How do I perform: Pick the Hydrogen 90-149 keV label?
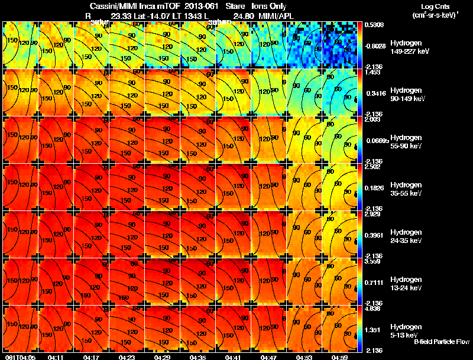click(405, 95)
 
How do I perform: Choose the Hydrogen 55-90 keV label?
click(405, 141)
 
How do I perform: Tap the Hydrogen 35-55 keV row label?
click(405, 189)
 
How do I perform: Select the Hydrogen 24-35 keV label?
click(405, 236)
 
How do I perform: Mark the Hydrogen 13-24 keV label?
click(405, 283)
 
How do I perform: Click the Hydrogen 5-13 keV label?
click(405, 330)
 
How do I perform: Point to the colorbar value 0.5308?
click(374, 25)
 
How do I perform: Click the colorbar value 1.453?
click(372, 72)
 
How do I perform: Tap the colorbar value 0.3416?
click(374, 93)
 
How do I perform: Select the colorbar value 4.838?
click(372, 309)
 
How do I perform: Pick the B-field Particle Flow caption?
click(441, 342)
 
